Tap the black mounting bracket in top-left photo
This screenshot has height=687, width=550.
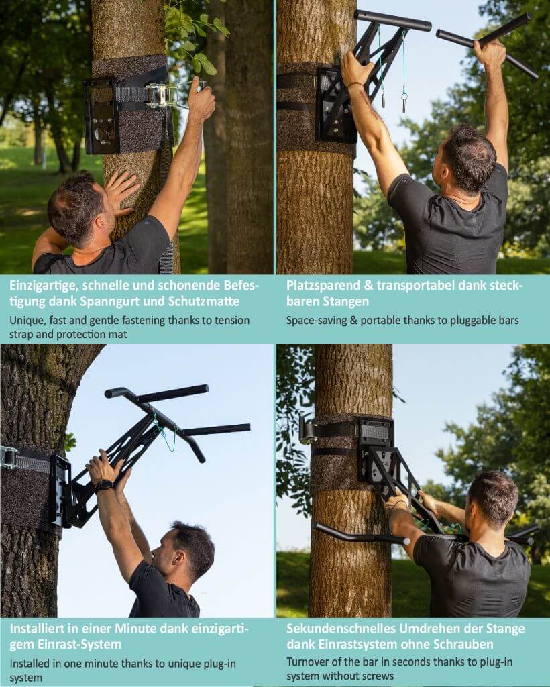[x=101, y=115]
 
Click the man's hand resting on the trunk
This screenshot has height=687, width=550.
[x=121, y=192]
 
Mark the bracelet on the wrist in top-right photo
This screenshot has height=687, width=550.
[x=353, y=86]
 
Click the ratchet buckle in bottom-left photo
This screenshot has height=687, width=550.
[x=9, y=458]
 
